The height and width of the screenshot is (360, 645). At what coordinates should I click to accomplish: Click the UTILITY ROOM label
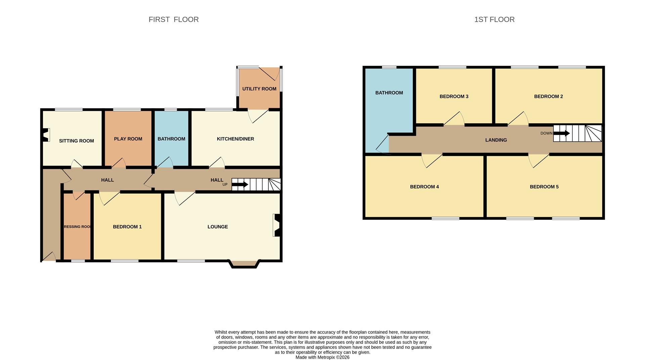coord(259,89)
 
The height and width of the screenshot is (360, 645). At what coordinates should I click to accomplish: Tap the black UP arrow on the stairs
coord(240,184)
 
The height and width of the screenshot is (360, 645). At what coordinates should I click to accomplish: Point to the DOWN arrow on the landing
coord(561,133)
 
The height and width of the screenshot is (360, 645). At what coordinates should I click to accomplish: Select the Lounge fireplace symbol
coord(277,225)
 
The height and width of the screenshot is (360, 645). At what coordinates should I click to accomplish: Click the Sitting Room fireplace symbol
coord(46,135)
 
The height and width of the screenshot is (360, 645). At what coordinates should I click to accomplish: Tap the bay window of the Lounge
coord(244,264)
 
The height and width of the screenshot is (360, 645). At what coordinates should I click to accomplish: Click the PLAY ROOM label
coord(128,139)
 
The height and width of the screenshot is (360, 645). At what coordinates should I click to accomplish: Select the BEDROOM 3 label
coord(454,97)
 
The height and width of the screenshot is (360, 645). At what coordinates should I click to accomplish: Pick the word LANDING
coord(496,140)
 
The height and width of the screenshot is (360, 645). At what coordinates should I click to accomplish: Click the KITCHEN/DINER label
coord(235,139)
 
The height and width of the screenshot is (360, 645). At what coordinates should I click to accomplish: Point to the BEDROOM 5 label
coord(544,187)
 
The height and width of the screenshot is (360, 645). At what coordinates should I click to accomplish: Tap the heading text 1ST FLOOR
coord(494,19)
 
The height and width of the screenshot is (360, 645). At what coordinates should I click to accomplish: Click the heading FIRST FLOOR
coord(173,19)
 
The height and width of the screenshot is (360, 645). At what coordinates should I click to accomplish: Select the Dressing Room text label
coord(77,227)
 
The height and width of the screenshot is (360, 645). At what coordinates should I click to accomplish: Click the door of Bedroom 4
coord(432,160)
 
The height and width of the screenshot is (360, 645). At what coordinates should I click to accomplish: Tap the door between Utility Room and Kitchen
coord(258,116)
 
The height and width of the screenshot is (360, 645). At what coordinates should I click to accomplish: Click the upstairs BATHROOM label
coord(389,93)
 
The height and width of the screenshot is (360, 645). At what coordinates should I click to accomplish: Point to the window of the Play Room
coord(127,109)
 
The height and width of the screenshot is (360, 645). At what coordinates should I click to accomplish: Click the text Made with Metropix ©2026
coord(322,357)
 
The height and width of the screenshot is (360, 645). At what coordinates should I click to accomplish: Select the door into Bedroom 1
coord(109,198)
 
